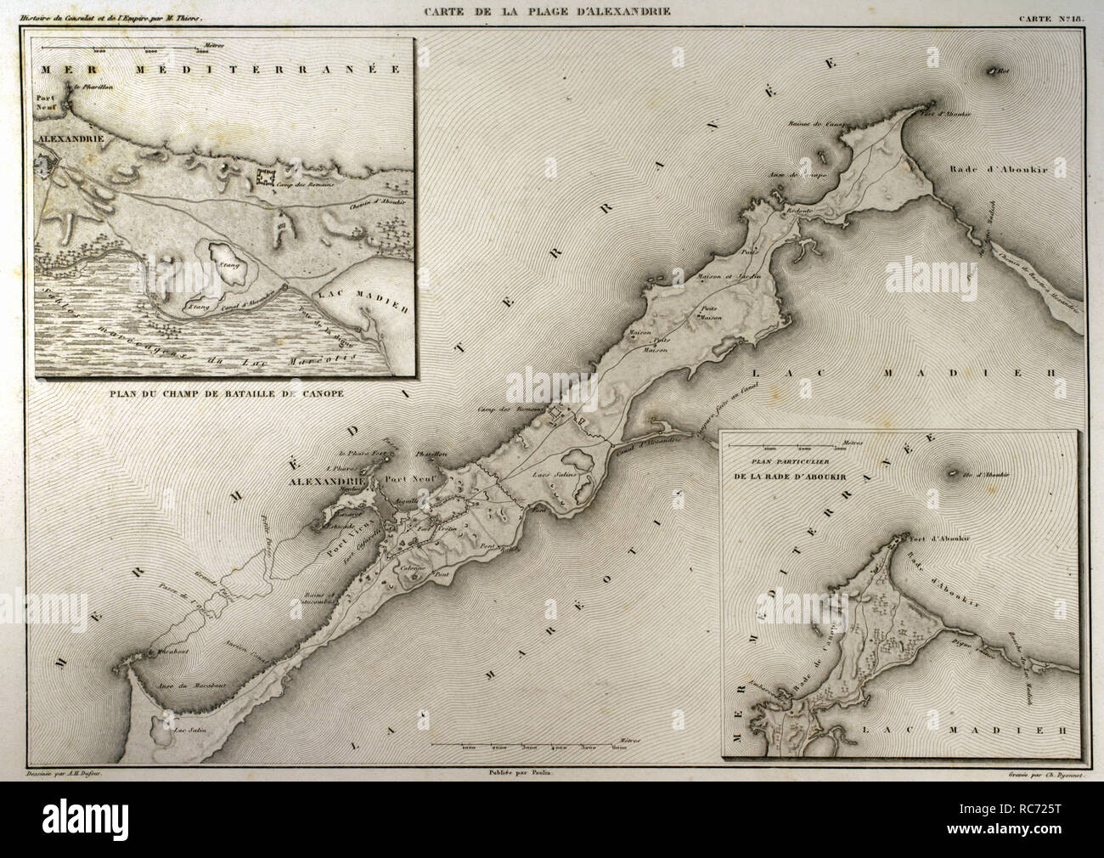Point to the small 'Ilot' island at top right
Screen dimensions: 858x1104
(x=992, y=72)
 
